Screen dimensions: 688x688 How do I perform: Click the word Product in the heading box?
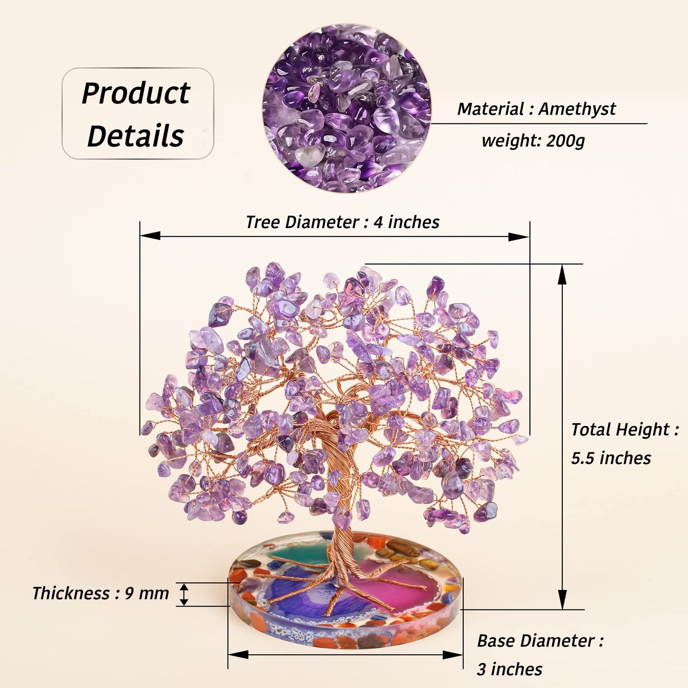click(x=136, y=93)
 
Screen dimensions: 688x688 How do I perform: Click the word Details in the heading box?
click(x=135, y=136)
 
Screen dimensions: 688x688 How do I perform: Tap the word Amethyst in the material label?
click(x=577, y=109)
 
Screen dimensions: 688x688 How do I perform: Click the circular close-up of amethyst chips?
click(x=347, y=109)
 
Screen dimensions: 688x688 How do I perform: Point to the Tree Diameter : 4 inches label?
click(x=342, y=222)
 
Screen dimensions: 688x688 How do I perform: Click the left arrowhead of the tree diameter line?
click(x=150, y=236)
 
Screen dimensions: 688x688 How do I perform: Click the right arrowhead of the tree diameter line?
click(x=519, y=237)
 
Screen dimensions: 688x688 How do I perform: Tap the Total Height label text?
click(x=625, y=429)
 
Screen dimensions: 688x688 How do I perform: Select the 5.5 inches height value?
click(x=611, y=458)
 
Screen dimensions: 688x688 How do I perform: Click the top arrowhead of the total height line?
click(x=562, y=275)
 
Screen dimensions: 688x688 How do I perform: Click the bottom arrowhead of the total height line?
click(x=562, y=599)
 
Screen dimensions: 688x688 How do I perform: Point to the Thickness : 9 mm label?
click(x=100, y=593)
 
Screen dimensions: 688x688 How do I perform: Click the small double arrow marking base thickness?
click(x=183, y=595)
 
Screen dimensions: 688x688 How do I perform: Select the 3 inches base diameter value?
click(x=509, y=669)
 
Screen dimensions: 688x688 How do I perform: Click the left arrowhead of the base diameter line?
click(x=238, y=655)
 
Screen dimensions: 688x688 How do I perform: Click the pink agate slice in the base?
click(x=393, y=585)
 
